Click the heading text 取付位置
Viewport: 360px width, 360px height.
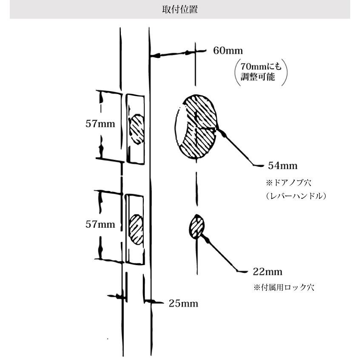pos(180,10)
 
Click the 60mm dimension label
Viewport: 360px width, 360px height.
pos(228,51)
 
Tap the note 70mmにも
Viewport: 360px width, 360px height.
pos(261,66)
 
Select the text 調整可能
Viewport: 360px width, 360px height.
pos(257,77)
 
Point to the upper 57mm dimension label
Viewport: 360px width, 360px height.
pos(100,124)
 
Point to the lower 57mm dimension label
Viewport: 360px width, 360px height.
pos(100,224)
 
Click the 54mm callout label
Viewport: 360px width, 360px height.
pos(283,166)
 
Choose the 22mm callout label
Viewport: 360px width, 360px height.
pos(268,272)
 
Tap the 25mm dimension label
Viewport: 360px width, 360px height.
pos(183,304)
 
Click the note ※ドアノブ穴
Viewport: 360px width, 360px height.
pos(289,183)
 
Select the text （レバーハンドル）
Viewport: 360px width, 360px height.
pos(296,196)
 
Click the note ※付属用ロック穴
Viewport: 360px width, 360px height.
pos(284,288)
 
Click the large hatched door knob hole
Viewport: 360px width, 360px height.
pos(196,126)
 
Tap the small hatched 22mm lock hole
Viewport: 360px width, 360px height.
pos(197,226)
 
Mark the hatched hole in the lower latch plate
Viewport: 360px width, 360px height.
pos(136,229)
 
